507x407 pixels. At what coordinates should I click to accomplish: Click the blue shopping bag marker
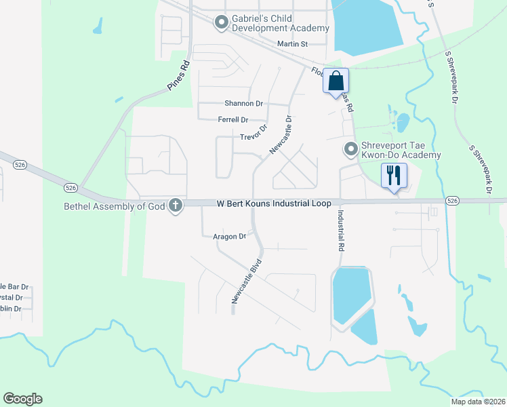[336, 81]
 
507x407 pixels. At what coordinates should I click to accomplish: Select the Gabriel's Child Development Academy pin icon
[220, 23]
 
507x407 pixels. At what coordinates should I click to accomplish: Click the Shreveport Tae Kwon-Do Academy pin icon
[350, 149]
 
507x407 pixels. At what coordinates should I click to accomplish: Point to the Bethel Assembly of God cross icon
[176, 206]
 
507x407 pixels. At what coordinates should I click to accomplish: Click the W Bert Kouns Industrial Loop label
[274, 203]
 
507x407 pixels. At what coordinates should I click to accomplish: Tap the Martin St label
[293, 44]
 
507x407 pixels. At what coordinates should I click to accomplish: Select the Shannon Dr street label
[243, 104]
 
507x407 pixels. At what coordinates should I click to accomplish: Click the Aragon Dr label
[229, 237]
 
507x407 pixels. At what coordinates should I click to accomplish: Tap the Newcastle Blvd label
[245, 280]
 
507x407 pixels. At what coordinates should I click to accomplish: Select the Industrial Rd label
[340, 231]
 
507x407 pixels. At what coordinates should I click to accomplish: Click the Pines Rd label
[178, 76]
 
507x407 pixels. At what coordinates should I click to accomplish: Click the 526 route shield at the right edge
[453, 201]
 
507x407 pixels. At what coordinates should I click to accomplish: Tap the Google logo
[22, 399]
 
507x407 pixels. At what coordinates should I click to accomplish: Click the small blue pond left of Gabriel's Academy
[99, 26]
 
